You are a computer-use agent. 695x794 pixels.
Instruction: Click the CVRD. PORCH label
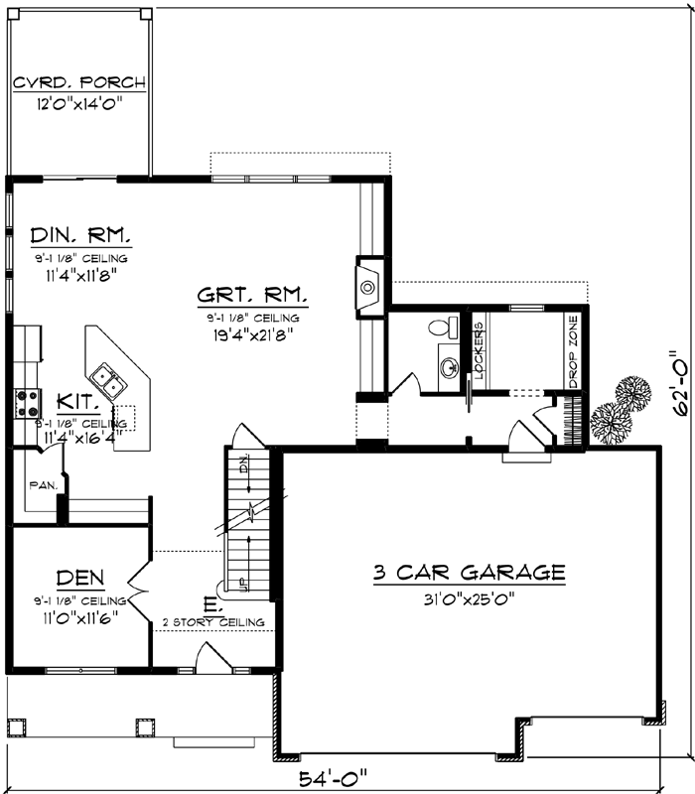click(78, 82)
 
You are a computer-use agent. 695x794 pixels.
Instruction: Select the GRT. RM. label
click(252, 295)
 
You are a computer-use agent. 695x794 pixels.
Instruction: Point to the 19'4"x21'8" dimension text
click(252, 334)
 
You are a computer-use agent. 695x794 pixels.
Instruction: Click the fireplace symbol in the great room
click(367, 287)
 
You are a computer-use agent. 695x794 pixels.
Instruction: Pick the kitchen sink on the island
click(108, 377)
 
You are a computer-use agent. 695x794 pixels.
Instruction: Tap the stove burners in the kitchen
click(27, 402)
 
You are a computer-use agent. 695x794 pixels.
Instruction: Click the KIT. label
click(76, 402)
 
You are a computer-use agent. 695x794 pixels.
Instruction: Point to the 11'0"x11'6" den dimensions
click(79, 616)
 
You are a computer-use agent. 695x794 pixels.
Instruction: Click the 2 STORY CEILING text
click(214, 622)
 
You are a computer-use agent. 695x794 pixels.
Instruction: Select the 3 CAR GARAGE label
click(469, 573)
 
